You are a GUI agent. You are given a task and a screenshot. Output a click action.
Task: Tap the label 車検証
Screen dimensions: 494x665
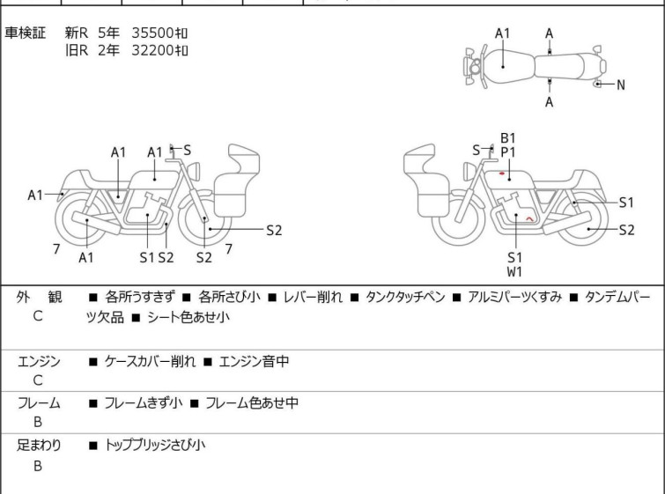pos(27,33)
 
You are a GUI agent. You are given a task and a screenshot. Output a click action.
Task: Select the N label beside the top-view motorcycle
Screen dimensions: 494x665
pos(620,85)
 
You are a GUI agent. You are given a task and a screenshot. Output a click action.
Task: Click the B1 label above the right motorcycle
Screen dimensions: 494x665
pos(508,138)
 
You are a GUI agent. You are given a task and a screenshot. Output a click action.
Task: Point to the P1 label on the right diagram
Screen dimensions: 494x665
pos(508,152)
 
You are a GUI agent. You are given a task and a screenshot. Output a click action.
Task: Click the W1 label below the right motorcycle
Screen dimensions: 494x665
pos(515,271)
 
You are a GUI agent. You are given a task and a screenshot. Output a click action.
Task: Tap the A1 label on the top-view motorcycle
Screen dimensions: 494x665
pos(503,33)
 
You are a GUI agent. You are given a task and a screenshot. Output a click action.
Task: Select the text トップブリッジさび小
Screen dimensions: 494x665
pos(154,446)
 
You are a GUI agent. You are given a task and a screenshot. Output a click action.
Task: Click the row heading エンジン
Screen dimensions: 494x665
pos(39,361)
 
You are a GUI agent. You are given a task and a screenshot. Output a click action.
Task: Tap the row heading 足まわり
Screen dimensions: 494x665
pos(39,446)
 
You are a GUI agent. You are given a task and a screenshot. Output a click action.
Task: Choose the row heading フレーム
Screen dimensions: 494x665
pos(39,403)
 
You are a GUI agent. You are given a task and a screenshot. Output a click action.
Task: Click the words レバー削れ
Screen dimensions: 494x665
pos(307,298)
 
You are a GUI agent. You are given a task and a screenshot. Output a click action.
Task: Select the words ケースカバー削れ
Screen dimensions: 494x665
pos(146,361)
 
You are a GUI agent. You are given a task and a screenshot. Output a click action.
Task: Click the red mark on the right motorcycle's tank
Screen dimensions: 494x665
pos(501,173)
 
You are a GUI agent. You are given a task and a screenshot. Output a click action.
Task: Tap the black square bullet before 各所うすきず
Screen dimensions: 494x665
pos(92,298)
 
